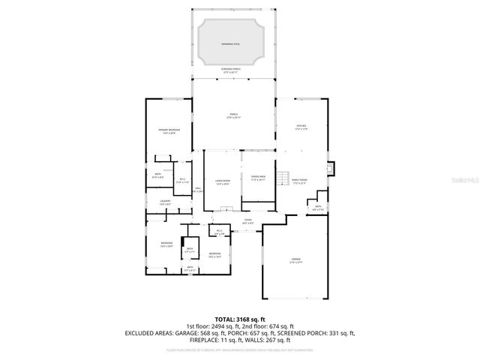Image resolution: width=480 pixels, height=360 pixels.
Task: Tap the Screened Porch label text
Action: [x=231, y=70]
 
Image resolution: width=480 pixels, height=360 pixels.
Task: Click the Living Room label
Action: [x=223, y=182]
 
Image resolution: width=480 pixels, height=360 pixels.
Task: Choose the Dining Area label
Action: [x=259, y=178]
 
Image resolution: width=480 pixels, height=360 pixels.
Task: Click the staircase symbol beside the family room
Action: [x=283, y=178]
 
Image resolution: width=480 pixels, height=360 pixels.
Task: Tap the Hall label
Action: [x=198, y=190]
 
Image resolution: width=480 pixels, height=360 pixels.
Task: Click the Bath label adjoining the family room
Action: [x=318, y=208]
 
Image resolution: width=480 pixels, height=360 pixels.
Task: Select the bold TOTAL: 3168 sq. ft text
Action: [x=240, y=319]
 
